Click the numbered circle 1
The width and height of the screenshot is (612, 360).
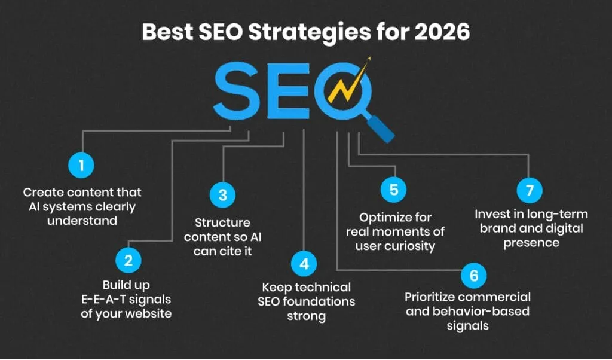(82, 166)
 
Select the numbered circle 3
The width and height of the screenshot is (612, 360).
(223, 195)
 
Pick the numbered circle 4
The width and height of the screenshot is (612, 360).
(304, 263)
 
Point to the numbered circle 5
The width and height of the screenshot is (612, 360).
(394, 190)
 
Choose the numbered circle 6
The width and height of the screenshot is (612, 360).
(474, 276)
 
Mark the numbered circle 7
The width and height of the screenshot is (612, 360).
(530, 190)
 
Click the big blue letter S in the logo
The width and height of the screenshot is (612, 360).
(236, 92)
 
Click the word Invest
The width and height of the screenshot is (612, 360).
(491, 213)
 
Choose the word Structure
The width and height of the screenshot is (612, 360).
(222, 222)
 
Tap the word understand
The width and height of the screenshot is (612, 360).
(82, 221)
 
